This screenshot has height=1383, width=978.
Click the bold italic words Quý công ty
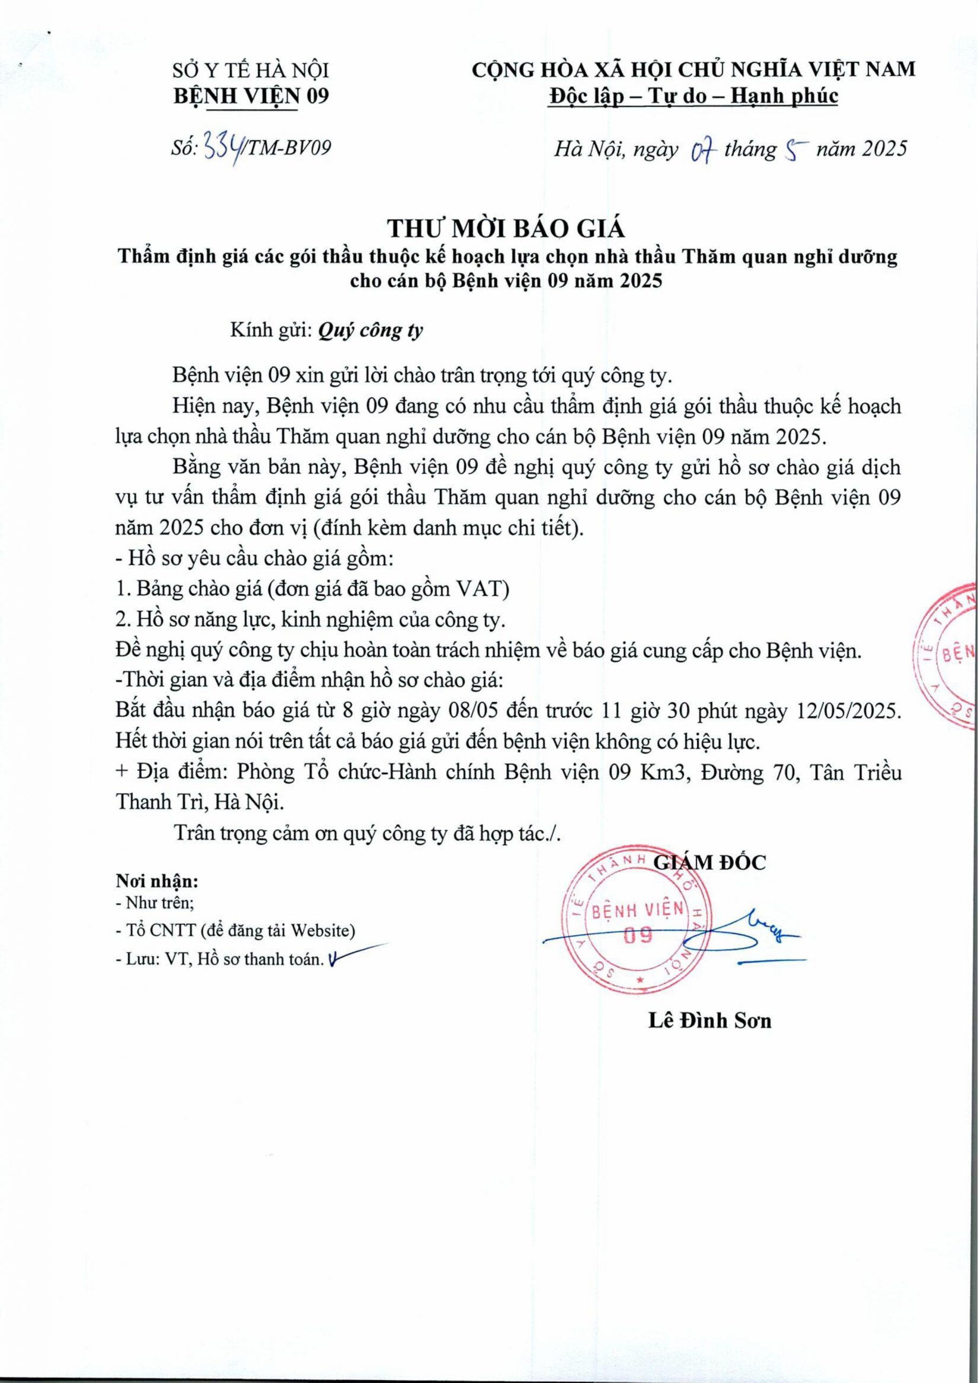[x=370, y=331]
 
